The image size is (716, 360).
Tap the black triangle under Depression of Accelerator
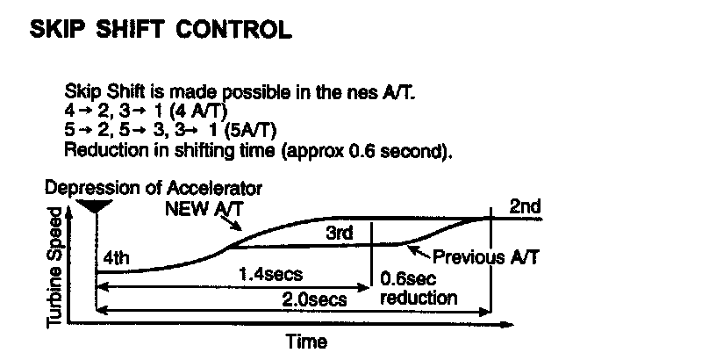pos(92,206)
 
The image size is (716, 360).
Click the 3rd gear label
pos(339,234)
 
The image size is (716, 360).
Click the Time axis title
pos(306,342)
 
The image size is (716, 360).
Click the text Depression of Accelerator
pos(154,189)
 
